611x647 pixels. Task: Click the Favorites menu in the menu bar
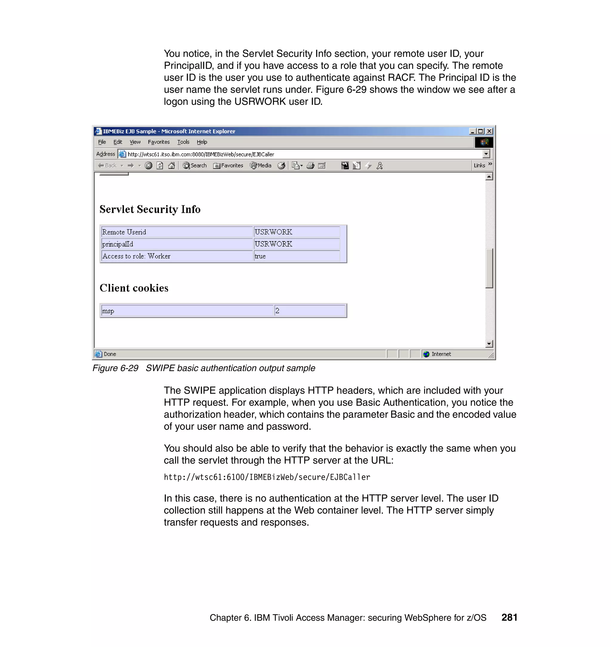[159, 142]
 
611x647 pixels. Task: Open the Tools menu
[183, 142]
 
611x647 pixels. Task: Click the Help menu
[202, 142]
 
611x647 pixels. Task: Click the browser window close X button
[489, 131]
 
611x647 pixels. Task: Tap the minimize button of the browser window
[472, 131]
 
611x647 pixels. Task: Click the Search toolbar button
[195, 166]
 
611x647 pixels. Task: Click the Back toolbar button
[107, 166]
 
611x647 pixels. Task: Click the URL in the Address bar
[200, 154]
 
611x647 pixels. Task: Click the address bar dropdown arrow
[486, 154]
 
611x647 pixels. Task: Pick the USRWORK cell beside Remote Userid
[296, 232]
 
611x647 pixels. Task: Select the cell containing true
[296, 256]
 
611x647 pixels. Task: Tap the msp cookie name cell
[187, 311]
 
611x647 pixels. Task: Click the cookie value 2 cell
[310, 311]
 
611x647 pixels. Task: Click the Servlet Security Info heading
[150, 209]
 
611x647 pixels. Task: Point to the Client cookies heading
[134, 288]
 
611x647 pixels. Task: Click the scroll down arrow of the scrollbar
[489, 344]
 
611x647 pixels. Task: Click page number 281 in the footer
[509, 617]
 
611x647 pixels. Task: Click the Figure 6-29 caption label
[115, 368]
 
